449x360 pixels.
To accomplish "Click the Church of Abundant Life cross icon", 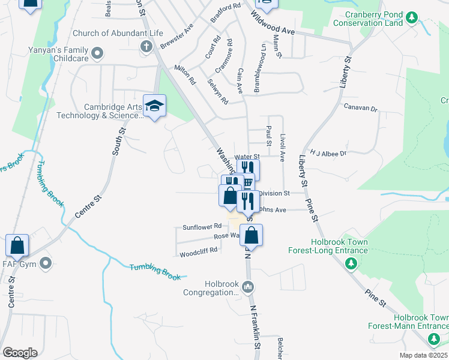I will coord(146,46).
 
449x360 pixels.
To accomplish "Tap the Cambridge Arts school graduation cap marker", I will coord(154,107).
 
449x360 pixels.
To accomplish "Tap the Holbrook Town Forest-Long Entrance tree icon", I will coord(352,263).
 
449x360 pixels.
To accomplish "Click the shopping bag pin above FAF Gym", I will coord(17,245).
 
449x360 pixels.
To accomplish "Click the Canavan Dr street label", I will coord(360,109).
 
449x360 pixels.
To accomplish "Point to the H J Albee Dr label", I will coord(328,154).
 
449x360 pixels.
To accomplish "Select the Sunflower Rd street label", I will coord(201,227).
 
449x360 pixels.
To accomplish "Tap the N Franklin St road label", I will coord(255,326).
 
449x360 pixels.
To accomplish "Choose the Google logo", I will coord(20,353).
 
